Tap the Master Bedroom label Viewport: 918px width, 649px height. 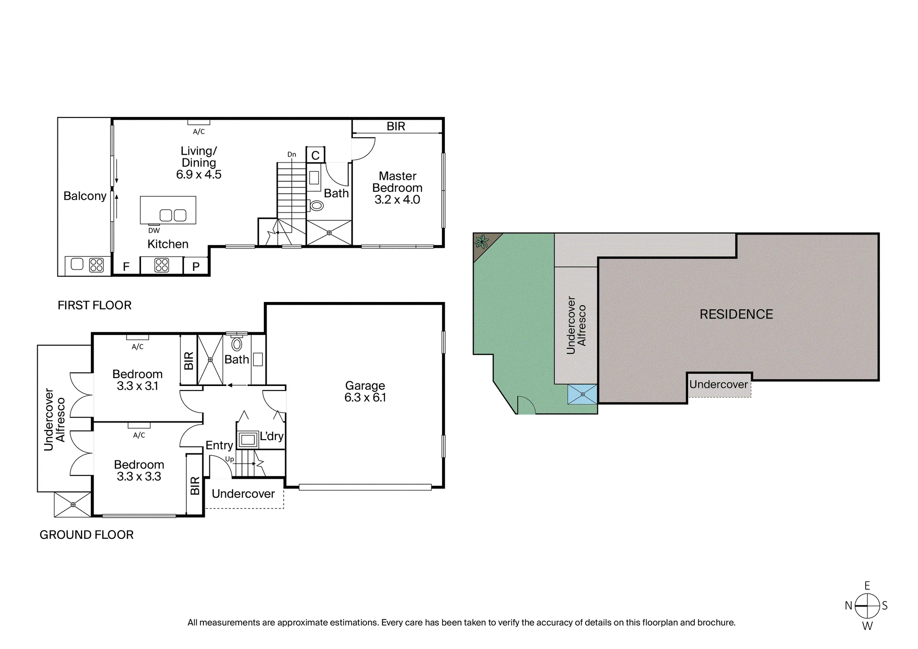(397, 182)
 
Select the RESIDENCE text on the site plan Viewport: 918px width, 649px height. (736, 314)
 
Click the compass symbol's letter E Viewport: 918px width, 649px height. (867, 586)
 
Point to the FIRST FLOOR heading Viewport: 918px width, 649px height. (95, 305)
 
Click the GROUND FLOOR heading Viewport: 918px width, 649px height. (86, 535)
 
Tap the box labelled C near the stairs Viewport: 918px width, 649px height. (315, 155)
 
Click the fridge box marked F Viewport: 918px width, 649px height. (126, 267)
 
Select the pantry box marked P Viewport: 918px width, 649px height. (196, 267)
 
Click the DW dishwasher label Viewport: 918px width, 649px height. (154, 230)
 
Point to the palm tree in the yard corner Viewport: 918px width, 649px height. (481, 241)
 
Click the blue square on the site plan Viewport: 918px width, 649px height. (582, 394)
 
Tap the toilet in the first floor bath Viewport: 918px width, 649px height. (316, 206)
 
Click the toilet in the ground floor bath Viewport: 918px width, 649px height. (237, 344)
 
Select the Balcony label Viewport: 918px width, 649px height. (85, 196)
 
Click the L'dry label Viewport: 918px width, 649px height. (272, 436)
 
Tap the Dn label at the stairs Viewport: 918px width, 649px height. (292, 155)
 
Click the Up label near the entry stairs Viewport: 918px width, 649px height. (229, 459)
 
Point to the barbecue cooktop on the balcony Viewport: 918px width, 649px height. (96, 265)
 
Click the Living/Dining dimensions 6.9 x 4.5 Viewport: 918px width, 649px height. (199, 174)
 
